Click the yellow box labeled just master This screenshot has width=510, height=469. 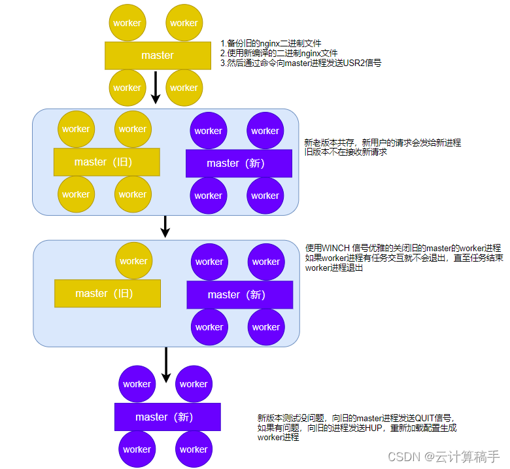(x=157, y=56)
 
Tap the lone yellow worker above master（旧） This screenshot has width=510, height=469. (x=134, y=260)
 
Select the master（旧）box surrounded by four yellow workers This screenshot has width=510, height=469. (x=107, y=162)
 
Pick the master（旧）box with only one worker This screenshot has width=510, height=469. (x=107, y=293)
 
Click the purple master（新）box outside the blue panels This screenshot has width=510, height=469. (x=167, y=417)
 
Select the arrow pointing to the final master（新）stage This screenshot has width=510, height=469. (x=166, y=364)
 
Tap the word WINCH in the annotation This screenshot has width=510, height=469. (x=337, y=248)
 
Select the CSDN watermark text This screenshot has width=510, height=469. (x=402, y=456)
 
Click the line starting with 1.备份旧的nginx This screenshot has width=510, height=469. (x=275, y=44)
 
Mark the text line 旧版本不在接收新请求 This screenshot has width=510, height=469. (x=346, y=152)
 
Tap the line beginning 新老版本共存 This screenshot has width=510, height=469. (x=382, y=142)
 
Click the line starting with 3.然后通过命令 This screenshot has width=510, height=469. (x=300, y=63)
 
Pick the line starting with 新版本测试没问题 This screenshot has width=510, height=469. (x=356, y=417)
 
